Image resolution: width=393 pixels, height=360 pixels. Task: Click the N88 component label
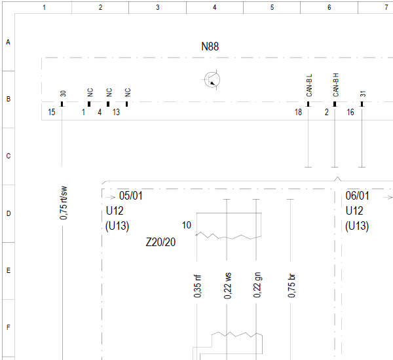coord(210,46)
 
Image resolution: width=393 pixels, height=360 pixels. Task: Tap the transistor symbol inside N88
coord(212,80)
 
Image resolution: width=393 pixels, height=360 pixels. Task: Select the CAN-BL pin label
coord(309,85)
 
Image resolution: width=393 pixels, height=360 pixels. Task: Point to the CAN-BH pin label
coord(335,85)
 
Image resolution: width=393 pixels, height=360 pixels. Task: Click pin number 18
coord(298,112)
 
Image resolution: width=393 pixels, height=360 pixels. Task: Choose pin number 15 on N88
coord(52,112)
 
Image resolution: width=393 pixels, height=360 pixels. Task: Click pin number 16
coord(350,112)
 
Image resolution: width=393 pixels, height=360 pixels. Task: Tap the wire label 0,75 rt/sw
coord(64,203)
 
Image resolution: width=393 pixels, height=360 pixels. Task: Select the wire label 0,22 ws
coord(227,285)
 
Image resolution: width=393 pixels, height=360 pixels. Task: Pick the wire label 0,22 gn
coord(257,285)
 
